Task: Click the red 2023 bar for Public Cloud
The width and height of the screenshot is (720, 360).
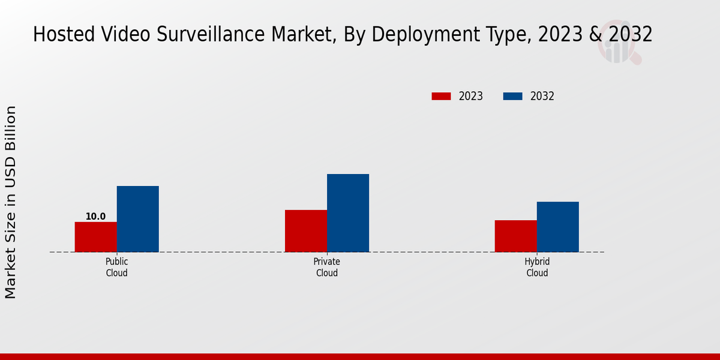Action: point(96,237)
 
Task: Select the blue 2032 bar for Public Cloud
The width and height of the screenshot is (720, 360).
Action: point(138,219)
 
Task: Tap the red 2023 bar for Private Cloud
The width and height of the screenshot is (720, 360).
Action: point(306,231)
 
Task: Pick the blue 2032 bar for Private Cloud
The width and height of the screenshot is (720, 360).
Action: point(348,213)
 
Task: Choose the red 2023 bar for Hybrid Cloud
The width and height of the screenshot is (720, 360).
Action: point(516,236)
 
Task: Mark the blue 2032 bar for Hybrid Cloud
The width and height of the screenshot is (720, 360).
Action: point(558,227)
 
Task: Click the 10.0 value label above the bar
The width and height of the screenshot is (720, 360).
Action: point(95,217)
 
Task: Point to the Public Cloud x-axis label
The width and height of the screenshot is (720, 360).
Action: point(117,268)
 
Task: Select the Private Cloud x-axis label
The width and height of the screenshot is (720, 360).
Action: point(327,268)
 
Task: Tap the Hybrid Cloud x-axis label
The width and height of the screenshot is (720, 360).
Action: point(537,268)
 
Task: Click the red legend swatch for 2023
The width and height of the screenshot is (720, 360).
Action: point(441,96)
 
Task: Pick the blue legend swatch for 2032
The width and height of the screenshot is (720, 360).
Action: point(512,96)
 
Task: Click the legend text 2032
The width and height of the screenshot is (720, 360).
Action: point(542,96)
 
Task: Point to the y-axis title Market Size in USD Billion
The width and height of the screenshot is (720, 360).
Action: point(11,202)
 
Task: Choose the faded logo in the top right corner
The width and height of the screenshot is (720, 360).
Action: point(619,42)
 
